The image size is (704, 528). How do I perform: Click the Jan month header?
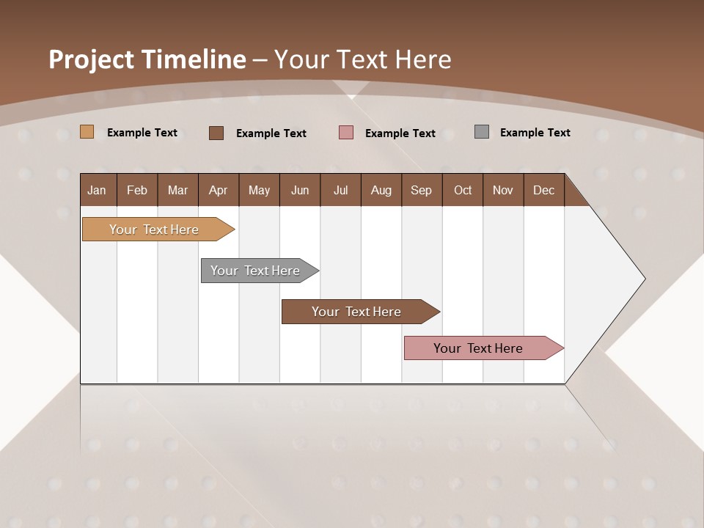pos(98,190)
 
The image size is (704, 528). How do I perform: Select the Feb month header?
pos(137,190)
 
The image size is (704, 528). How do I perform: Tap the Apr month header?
pos(218,190)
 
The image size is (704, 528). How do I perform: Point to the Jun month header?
pos(300,190)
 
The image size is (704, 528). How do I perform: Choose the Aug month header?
pos(381,190)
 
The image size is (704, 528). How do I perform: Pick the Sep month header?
pos(421,190)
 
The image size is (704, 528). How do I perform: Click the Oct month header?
pos(463,190)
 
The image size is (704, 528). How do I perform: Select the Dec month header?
pos(543,190)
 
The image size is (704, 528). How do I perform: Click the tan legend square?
pos(87,132)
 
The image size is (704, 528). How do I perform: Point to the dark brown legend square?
pos(216,133)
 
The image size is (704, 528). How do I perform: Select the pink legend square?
pos(346,133)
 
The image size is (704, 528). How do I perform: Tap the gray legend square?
pos(482,132)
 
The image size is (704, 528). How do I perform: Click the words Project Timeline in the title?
pos(147,59)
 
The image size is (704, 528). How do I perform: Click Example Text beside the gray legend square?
pos(535,133)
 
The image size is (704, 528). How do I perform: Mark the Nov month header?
pos(503,190)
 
